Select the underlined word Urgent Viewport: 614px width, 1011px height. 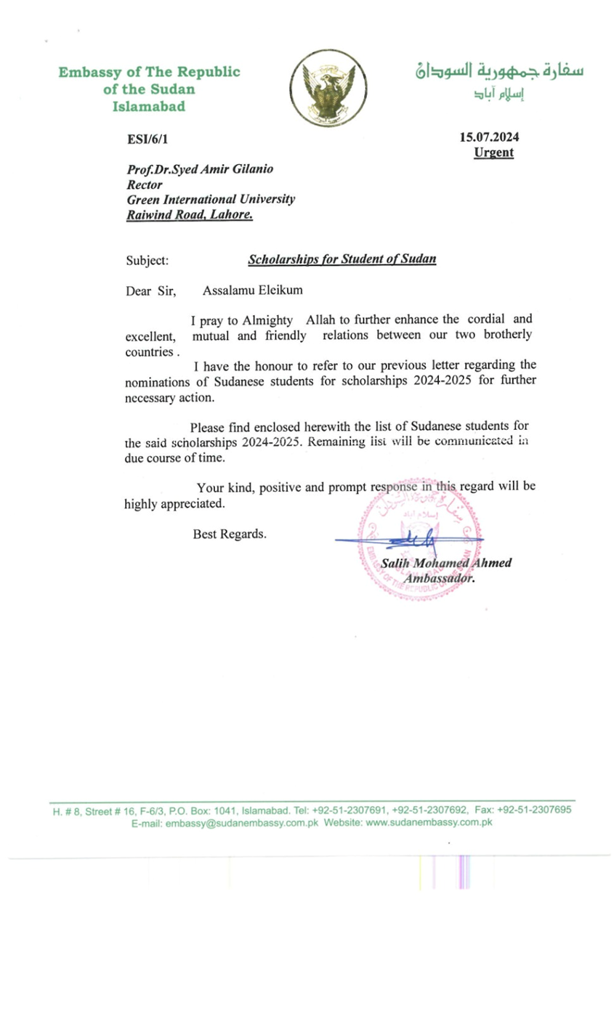tap(493, 153)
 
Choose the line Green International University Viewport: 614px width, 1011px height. tap(211, 200)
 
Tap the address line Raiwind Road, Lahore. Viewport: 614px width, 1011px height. tap(189, 215)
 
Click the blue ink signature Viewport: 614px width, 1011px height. tap(408, 538)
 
